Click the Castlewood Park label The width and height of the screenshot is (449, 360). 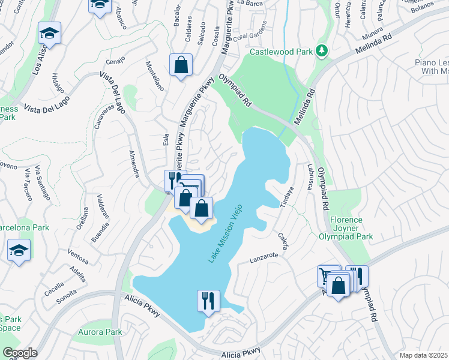tap(281, 52)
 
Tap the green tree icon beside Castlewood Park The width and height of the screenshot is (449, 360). tap(322, 51)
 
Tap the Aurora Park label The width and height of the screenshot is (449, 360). tap(100, 332)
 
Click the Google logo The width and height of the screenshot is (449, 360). tap(19, 353)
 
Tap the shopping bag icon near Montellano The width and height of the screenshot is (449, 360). tap(181, 65)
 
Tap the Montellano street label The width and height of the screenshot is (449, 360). tap(155, 75)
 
